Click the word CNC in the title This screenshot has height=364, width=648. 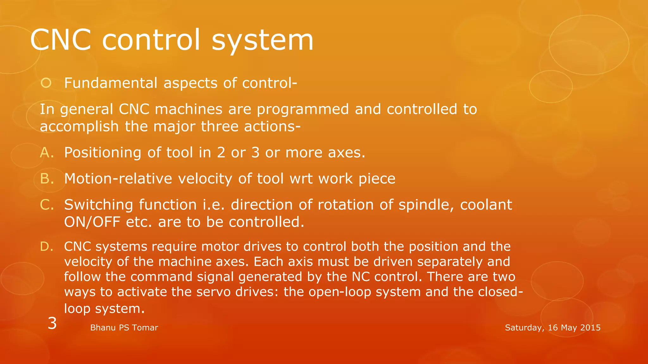61,40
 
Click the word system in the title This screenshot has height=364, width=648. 262,40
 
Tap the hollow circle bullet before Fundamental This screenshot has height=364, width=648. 46,83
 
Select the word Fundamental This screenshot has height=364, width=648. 111,83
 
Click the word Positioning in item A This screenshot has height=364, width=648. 103,153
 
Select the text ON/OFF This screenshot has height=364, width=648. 92,222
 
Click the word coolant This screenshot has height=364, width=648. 486,205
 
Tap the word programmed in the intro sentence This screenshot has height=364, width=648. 302,109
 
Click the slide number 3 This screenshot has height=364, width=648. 52,323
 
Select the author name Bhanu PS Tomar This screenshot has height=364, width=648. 124,328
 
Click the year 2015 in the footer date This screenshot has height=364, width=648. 590,328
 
